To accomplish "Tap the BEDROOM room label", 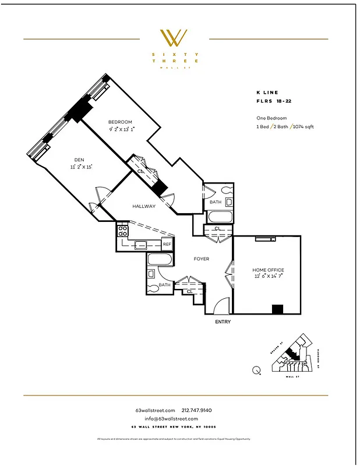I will pyautogui.click(x=121, y=122).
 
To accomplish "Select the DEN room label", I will pyautogui.click(x=79, y=159).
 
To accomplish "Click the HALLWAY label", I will pyautogui.click(x=143, y=206).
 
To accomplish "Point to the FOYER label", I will pyautogui.click(x=201, y=259).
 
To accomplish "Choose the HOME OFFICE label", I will pyautogui.click(x=268, y=270).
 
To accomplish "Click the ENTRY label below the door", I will pyautogui.click(x=223, y=322).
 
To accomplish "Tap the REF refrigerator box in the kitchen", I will pyautogui.click(x=167, y=245).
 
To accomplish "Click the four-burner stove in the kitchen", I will pyautogui.click(x=123, y=231).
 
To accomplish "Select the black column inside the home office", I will pyautogui.click(x=277, y=309).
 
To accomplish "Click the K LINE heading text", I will pyautogui.click(x=267, y=92).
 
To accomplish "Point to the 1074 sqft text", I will pyautogui.click(x=303, y=126).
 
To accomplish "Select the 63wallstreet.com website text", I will pyautogui.click(x=154, y=411).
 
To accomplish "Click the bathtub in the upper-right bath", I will pyautogui.click(x=219, y=217).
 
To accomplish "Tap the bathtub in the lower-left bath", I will pyautogui.click(x=159, y=260).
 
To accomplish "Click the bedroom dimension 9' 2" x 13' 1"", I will pyautogui.click(x=121, y=129).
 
